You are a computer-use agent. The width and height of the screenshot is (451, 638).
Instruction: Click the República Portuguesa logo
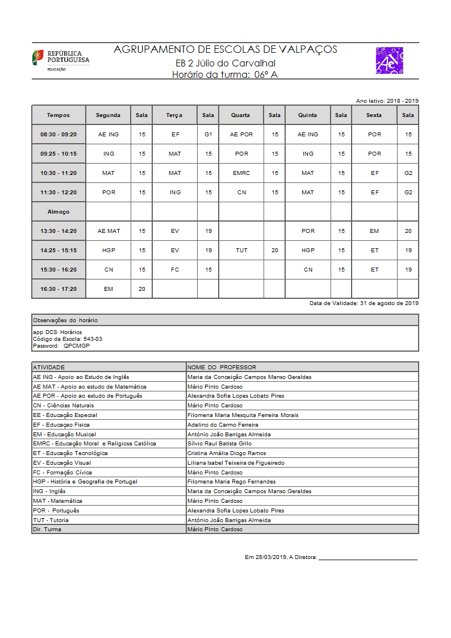(60, 60)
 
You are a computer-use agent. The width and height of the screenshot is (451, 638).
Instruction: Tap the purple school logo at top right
(389, 60)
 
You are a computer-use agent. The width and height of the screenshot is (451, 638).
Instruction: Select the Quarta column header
(240, 115)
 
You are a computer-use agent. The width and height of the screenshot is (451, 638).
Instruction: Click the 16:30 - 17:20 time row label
(59, 289)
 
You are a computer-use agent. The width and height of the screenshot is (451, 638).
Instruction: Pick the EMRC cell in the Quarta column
(241, 173)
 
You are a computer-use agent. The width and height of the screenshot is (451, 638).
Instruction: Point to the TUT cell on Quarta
(241, 251)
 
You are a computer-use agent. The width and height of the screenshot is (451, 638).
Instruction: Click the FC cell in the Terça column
(175, 270)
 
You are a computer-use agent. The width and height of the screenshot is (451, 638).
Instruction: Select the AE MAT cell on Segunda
(108, 231)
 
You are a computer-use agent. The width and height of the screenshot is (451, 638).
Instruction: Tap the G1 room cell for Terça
(208, 135)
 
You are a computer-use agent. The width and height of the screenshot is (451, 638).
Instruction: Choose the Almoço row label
(59, 212)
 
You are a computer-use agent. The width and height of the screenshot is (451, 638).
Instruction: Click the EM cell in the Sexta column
(374, 231)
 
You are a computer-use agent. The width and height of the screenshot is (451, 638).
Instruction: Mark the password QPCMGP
(76, 345)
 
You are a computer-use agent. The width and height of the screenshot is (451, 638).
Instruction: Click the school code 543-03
(93, 339)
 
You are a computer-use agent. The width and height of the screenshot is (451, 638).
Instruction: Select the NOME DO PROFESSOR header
(222, 368)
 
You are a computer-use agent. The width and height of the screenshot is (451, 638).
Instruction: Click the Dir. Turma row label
(47, 529)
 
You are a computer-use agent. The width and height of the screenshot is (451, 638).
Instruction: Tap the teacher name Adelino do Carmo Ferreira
(223, 424)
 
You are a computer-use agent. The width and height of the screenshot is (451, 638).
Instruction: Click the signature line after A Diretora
(368, 560)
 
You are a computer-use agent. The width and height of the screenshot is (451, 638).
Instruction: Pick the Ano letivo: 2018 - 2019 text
(387, 101)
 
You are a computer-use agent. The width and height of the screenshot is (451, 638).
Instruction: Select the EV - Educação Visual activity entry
(62, 463)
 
